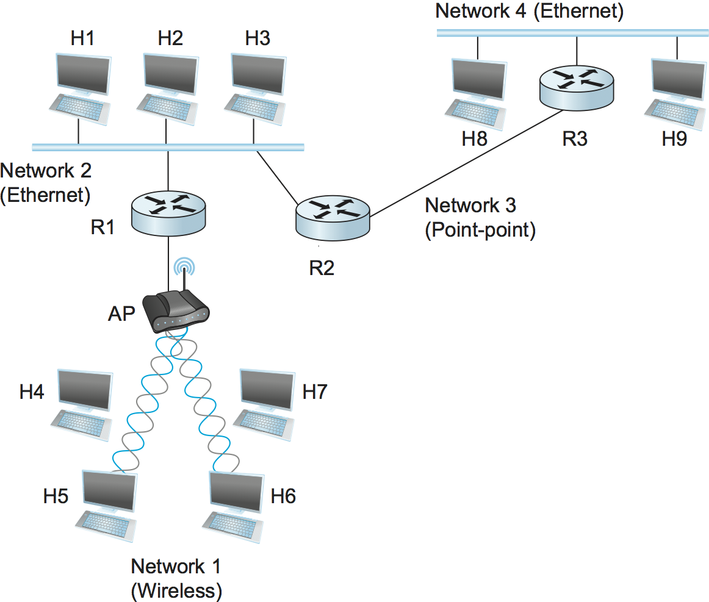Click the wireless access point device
point(175,311)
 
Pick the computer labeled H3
point(256,89)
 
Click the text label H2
point(170,38)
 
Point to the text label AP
point(121,314)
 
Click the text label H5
point(55,496)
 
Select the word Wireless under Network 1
point(176,590)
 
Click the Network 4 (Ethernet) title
point(529,12)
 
